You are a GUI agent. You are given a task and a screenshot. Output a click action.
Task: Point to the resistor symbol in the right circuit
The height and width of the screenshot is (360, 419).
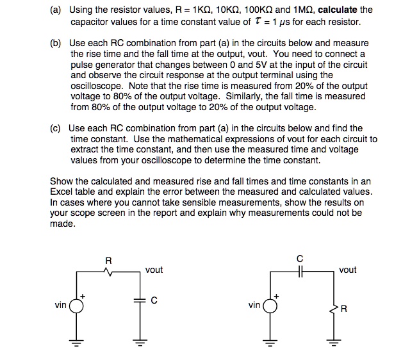point(333,309)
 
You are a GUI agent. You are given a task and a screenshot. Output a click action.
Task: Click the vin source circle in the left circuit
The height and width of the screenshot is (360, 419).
point(77,306)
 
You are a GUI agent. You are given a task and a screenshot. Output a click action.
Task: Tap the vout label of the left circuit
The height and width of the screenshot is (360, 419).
point(154,270)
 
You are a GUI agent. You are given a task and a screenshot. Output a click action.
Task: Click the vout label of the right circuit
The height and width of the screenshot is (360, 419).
point(347,270)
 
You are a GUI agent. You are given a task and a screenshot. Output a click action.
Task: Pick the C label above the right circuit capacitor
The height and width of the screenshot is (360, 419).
point(300,258)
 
